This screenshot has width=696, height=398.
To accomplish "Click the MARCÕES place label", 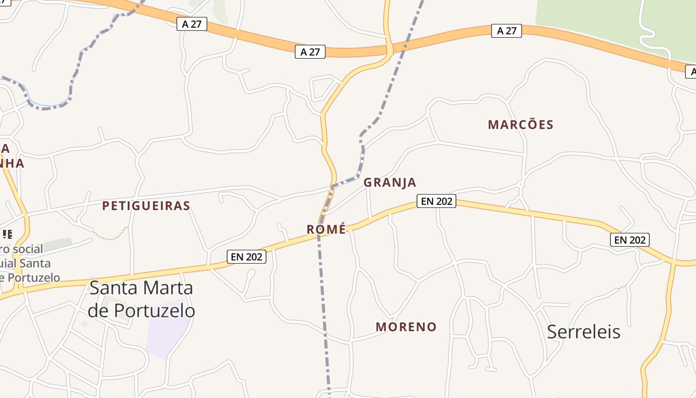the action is click(x=521, y=124).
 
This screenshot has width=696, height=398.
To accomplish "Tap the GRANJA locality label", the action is click(x=390, y=183).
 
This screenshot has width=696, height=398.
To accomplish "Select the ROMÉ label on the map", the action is click(x=326, y=229).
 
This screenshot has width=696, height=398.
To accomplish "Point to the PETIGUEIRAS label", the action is click(x=146, y=205).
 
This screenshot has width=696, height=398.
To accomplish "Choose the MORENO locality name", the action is click(x=406, y=327).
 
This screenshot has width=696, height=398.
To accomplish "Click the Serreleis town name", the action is click(x=584, y=332).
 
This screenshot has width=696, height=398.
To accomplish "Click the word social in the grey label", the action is click(x=36, y=248).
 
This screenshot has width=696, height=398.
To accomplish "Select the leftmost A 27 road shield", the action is click(x=191, y=23).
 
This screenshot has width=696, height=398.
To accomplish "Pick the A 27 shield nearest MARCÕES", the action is click(x=507, y=31).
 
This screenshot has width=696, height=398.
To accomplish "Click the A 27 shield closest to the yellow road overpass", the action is click(x=310, y=51).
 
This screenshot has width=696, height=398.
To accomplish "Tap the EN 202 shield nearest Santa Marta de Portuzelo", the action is click(x=247, y=257).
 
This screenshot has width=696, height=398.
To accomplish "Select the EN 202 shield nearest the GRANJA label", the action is click(x=436, y=201).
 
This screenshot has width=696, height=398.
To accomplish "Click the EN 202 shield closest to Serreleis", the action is click(x=629, y=240).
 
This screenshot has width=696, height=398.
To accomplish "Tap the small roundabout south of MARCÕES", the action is click(x=521, y=184).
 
